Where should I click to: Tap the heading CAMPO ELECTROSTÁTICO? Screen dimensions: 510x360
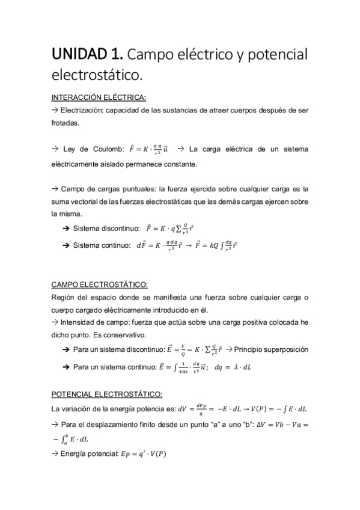point(99,284)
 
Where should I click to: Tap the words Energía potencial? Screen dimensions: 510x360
point(90,454)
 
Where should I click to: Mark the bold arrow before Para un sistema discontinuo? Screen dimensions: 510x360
point(66,349)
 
